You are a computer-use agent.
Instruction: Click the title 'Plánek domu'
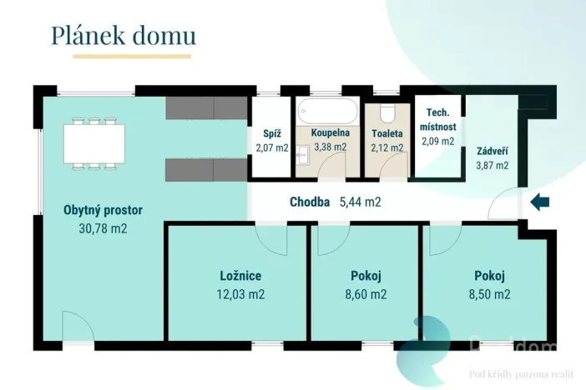123,36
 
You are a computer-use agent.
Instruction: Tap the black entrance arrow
540,201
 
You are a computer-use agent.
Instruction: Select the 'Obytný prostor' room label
103,210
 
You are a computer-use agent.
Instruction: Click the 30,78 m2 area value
103,228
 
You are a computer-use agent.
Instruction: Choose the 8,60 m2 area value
366,293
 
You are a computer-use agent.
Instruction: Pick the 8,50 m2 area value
488,293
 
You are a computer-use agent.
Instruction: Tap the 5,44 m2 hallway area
361,202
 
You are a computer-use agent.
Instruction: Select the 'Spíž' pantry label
271,132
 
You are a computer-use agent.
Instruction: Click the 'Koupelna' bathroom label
330,132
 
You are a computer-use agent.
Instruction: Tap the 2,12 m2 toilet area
387,148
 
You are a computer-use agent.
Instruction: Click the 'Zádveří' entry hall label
491,152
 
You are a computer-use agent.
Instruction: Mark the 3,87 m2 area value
492,166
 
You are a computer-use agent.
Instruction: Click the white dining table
94,143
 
